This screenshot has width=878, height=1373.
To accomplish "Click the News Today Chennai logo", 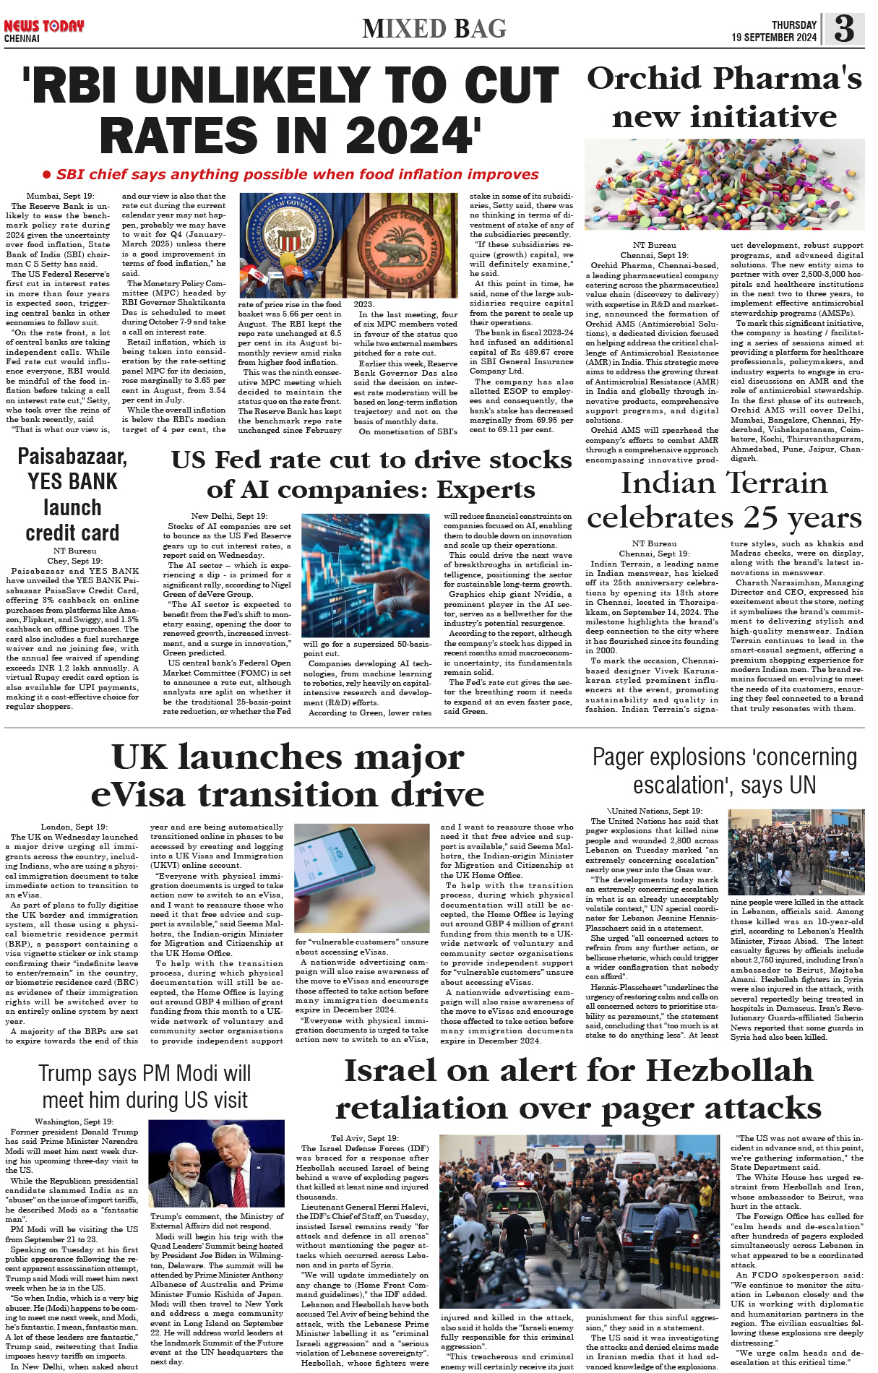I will click(43, 30).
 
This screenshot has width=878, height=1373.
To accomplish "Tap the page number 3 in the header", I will click(843, 30).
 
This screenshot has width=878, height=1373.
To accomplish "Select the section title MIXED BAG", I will click(434, 29).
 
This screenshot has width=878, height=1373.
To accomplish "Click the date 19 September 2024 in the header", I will click(773, 38).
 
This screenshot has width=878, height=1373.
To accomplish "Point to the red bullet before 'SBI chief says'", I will click(47, 174).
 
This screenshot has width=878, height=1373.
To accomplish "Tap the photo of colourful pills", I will click(724, 185).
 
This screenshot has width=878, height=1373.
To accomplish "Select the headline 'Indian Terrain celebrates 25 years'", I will click(724, 500).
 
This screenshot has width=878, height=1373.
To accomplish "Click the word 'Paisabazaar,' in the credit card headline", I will click(72, 457).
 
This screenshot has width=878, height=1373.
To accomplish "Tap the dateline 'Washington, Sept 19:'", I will click(74, 1122).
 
